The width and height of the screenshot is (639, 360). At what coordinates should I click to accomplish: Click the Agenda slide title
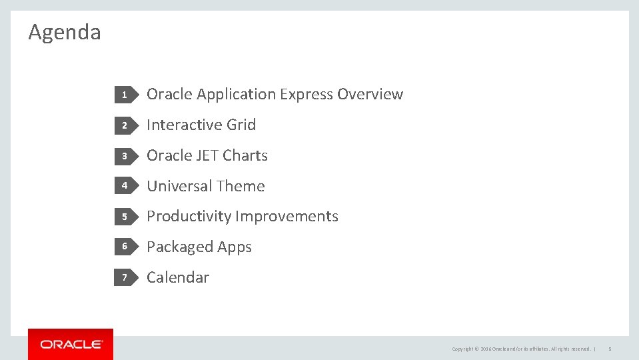point(65,32)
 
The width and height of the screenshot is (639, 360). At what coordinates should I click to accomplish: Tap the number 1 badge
point(124,95)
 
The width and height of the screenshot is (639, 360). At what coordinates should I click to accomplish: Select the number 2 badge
point(124,125)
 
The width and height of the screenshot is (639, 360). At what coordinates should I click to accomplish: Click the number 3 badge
point(124,156)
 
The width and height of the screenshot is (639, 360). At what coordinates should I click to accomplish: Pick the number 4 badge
point(124,186)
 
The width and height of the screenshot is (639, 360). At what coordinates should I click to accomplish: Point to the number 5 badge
point(124,217)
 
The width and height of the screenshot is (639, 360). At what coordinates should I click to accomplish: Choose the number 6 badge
point(124,247)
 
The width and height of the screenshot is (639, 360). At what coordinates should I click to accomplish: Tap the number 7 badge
point(124,277)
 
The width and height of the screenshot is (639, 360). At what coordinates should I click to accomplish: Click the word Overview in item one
point(370,95)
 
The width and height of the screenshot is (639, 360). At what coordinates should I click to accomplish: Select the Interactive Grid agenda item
point(201,125)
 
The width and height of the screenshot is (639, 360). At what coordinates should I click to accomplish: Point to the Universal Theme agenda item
point(205,186)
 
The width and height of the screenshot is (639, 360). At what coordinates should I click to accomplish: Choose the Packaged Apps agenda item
point(199,247)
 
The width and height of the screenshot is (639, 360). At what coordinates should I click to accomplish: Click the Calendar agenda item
point(178,277)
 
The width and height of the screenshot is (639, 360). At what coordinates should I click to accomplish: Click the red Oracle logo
point(71,344)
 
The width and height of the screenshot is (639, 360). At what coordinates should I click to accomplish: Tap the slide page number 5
point(610,349)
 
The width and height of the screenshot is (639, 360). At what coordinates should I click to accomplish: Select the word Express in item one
point(307,95)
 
